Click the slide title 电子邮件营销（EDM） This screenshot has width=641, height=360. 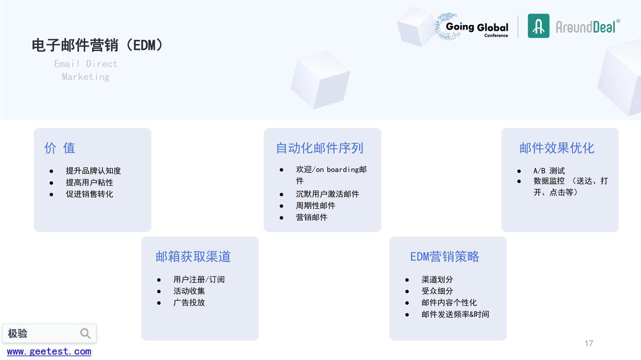[x=97, y=45]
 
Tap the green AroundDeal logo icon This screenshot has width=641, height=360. [x=538, y=26]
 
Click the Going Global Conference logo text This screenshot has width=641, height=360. [x=477, y=29]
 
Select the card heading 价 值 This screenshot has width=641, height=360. [x=60, y=148]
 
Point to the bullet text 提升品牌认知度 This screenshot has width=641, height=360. [x=93, y=171]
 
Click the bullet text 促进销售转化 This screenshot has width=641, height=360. [x=89, y=194]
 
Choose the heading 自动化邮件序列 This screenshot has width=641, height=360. [x=319, y=148]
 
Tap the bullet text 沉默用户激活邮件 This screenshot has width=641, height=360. [x=328, y=194]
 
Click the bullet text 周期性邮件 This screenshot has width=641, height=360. [x=315, y=205]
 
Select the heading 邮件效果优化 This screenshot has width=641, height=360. [x=557, y=148]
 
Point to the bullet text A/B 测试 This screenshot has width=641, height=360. [x=549, y=171]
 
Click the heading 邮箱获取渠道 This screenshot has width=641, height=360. [x=193, y=257]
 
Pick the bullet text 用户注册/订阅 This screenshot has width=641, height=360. [x=199, y=279]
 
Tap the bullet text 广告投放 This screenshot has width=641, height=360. [x=189, y=302]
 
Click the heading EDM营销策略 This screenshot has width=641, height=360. [x=444, y=257]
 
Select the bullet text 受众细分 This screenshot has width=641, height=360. [x=437, y=291]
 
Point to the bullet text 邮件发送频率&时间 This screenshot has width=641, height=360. [x=455, y=314]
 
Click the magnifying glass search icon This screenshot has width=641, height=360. [x=85, y=333]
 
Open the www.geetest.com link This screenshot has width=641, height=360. [x=49, y=351]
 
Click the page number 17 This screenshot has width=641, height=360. [x=589, y=343]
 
